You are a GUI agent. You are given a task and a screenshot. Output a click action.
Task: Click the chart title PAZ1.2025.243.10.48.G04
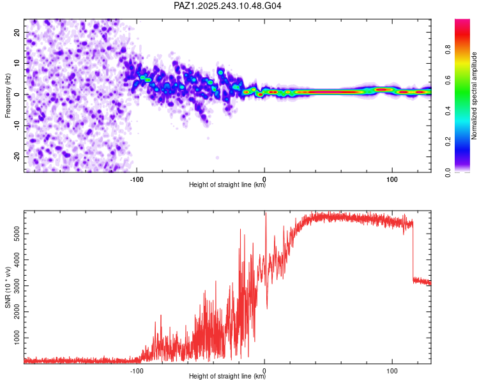pyautogui.click(x=228, y=6)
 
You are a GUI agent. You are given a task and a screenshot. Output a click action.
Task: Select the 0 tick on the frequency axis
pyautogui.click(x=19, y=94)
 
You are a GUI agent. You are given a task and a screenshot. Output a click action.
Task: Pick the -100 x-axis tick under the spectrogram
pyautogui.click(x=135, y=179)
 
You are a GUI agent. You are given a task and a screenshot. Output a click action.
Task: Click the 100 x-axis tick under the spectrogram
pyautogui.click(x=391, y=179)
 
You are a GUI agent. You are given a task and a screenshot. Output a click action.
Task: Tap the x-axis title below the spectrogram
pyautogui.click(x=227, y=186)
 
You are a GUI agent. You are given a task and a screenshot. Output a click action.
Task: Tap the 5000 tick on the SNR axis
pyautogui.click(x=19, y=234)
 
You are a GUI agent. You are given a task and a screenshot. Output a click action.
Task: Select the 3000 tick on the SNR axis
pyautogui.click(x=19, y=285)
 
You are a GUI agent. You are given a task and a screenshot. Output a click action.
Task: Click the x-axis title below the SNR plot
pyautogui.click(x=227, y=377)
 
